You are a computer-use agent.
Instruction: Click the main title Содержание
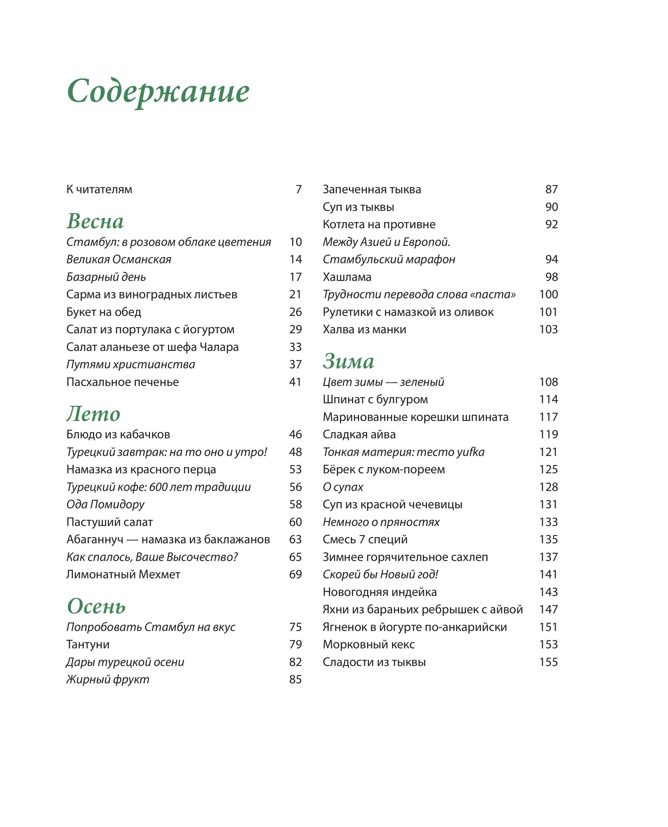158,92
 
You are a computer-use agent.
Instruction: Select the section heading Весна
95,221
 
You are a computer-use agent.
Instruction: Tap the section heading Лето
93,414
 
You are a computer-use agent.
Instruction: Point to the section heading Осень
96,607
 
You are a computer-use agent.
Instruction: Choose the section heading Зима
348,361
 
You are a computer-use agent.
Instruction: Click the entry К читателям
99,189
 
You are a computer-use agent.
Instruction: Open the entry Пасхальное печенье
122,382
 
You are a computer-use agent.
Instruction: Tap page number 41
295,382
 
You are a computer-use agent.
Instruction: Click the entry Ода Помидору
106,504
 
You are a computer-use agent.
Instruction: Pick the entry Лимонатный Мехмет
123,575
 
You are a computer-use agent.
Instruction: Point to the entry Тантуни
88,645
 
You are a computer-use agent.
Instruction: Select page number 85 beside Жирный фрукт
295,680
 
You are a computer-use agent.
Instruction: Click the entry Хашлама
347,277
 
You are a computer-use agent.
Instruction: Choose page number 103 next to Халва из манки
548,329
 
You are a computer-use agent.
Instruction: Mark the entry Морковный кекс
369,645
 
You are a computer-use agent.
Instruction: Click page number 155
548,662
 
